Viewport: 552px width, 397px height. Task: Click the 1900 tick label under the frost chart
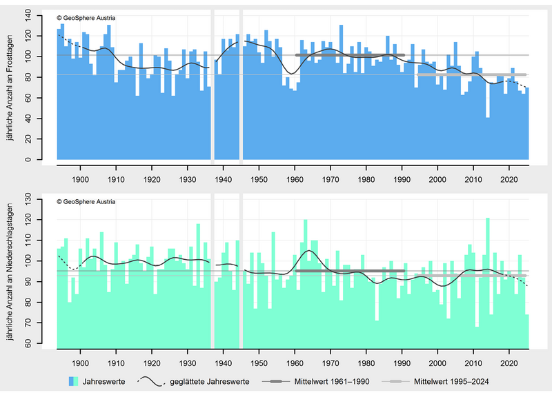[80, 180]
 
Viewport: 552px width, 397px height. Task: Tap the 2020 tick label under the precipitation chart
[509, 363]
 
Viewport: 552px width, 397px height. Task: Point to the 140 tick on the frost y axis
[28, 15]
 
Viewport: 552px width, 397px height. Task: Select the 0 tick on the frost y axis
[28, 160]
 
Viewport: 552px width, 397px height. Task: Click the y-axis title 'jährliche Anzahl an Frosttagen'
[10, 88]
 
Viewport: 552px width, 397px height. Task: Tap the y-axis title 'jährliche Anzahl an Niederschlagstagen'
[10, 272]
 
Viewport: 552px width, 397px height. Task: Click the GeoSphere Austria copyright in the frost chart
[86, 18]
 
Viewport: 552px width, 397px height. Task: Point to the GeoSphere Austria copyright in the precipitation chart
[86, 202]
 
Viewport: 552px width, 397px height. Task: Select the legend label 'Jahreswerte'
[104, 382]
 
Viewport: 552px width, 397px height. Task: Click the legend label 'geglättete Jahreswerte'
[210, 382]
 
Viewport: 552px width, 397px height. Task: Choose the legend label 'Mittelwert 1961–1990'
[332, 382]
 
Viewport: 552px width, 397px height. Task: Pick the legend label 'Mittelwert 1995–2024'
[451, 382]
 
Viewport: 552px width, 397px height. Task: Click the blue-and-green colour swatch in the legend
[74, 382]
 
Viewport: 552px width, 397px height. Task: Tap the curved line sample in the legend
[151, 382]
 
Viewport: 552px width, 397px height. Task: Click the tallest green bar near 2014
[488, 283]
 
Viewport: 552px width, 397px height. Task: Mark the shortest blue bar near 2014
[488, 139]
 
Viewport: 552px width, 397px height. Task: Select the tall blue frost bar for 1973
[341, 92]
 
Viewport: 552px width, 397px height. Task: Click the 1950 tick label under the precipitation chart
[259, 363]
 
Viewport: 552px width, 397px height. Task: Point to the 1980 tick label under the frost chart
[366, 180]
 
